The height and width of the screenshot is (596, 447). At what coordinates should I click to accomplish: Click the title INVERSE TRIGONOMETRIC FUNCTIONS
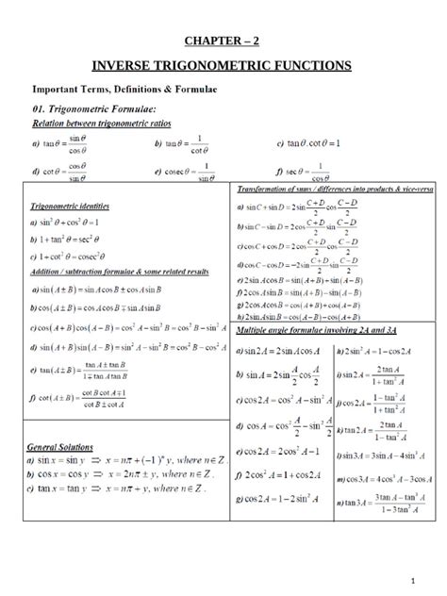[x=222, y=65]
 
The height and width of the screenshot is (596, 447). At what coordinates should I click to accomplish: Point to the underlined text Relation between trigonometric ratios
[x=102, y=123]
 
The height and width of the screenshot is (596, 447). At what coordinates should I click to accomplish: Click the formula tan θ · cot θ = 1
[x=309, y=143]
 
